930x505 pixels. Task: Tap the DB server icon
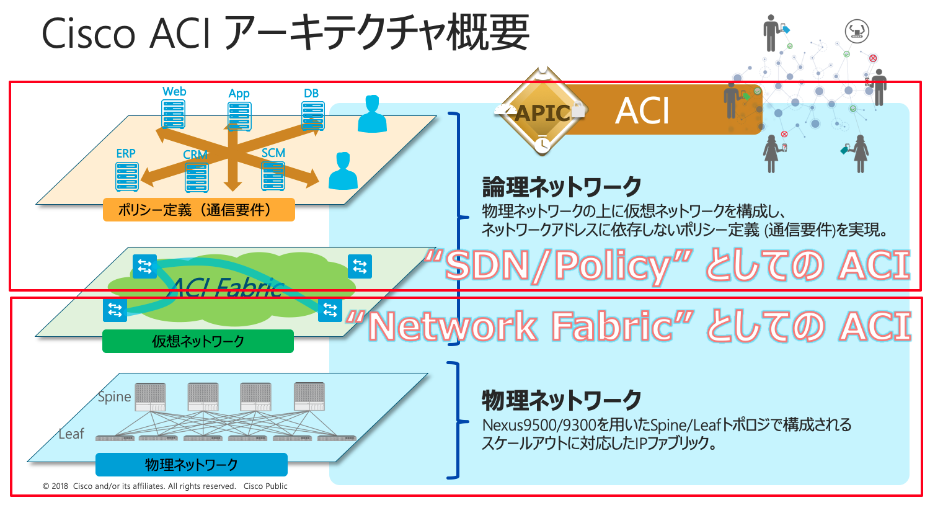(313, 116)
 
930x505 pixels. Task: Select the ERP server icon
(126, 177)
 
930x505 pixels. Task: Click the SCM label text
(273, 153)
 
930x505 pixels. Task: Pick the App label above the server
(239, 94)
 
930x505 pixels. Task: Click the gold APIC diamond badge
(542, 112)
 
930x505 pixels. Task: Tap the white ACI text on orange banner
(642, 112)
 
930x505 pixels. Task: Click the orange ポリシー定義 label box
(198, 210)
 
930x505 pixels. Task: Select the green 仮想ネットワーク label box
(198, 341)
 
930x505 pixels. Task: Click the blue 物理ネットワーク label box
(191, 465)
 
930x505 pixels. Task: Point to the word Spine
(115, 397)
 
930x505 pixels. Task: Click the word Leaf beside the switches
(71, 434)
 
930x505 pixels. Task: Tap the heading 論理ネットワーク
(562, 187)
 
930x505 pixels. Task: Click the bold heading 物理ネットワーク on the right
(562, 400)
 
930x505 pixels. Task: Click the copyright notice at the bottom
(165, 486)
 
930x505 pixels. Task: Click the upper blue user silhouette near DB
(372, 114)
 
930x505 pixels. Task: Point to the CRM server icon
(197, 177)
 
